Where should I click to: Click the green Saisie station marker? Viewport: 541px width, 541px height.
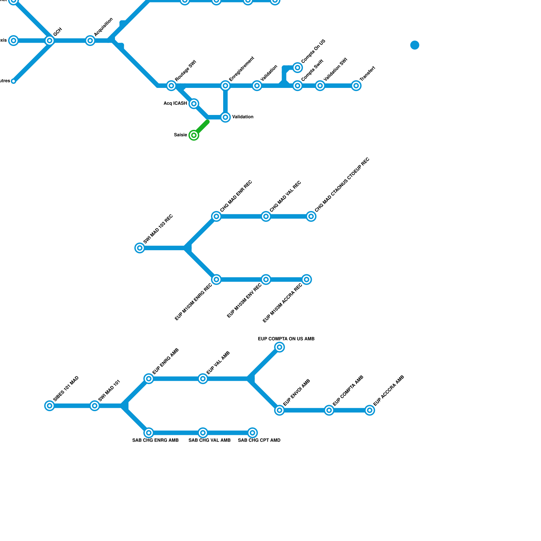tap(194, 135)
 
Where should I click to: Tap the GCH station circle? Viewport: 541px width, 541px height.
tap(50, 41)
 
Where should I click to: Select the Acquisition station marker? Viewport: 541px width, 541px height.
tap(90, 41)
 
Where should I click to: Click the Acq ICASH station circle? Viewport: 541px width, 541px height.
tap(194, 103)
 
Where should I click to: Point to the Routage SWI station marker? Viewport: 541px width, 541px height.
tap(171, 86)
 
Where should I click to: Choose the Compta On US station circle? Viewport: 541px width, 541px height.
tap(298, 68)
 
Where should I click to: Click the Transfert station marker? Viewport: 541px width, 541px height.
tap(356, 86)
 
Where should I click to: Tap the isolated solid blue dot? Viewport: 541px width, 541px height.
tap(415, 45)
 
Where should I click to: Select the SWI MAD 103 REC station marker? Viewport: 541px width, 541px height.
tap(140, 248)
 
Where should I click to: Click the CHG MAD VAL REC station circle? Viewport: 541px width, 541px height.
tap(266, 216)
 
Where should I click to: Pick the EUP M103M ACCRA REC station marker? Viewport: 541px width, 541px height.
tap(307, 280)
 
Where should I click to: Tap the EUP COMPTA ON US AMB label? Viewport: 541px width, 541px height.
tap(286, 339)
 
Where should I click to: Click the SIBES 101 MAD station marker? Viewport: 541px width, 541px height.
tap(50, 406)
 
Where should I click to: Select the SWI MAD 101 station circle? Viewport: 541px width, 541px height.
tap(95, 406)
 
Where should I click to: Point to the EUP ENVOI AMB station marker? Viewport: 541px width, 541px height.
tap(279, 410)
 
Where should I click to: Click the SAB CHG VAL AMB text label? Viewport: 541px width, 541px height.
tap(209, 440)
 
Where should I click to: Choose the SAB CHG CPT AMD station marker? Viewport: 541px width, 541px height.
tap(252, 433)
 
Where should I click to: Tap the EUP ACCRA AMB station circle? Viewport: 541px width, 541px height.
tap(370, 410)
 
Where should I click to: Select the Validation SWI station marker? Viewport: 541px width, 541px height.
tap(320, 86)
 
